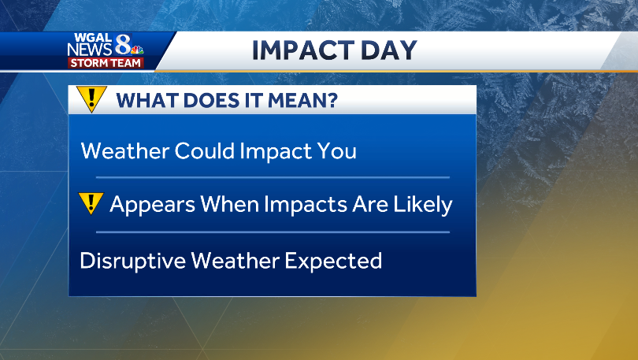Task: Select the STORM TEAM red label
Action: pyautogui.click(x=106, y=63)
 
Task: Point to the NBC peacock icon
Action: pyautogui.click(x=137, y=51)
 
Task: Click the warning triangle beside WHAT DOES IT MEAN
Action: pyautogui.click(x=93, y=99)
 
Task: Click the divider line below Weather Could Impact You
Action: pyautogui.click(x=273, y=178)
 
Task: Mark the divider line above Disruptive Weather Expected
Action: pyautogui.click(x=273, y=232)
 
